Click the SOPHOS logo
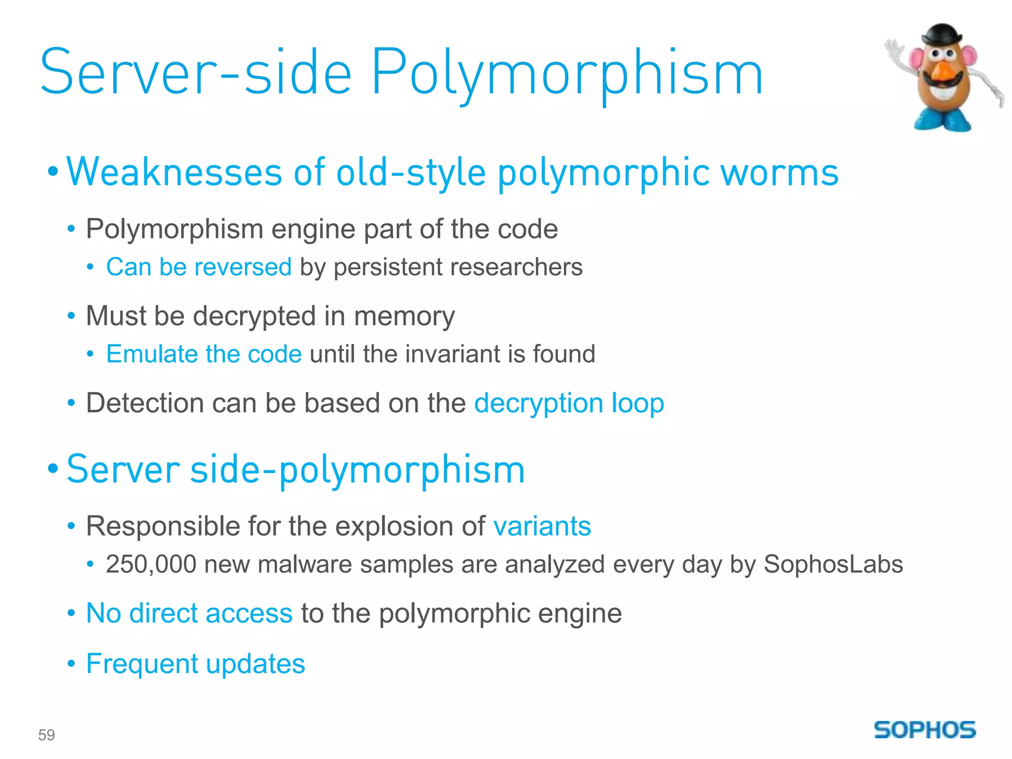925,729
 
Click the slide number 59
46,735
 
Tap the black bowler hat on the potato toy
942,35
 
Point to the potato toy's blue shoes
943,120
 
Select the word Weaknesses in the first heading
174,172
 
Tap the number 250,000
151,564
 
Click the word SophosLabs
833,564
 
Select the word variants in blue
542,526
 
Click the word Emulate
152,354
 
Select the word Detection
145,403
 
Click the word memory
404,317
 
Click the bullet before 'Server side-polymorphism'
53,468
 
